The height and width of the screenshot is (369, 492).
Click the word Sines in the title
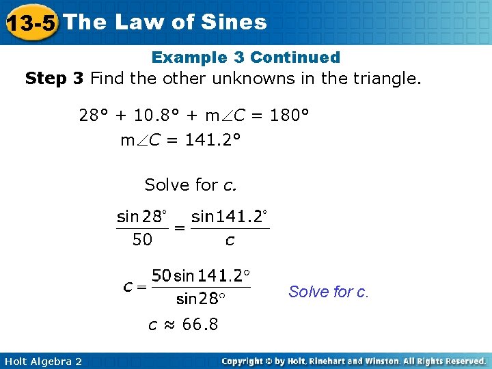[235, 23]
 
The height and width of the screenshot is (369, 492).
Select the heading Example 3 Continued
[245, 57]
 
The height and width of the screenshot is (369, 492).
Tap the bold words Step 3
[54, 79]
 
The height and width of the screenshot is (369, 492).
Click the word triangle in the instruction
[383, 79]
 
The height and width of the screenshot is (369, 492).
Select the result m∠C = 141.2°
[180, 141]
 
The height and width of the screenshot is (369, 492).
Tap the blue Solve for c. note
[329, 292]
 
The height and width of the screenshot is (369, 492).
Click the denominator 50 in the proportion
[142, 240]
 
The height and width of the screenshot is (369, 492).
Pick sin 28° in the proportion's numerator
[141, 217]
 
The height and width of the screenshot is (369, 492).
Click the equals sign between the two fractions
[179, 228]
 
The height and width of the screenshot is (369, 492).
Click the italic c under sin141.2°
[230, 241]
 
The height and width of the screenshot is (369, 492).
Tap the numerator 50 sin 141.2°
[201, 276]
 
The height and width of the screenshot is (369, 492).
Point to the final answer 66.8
[200, 325]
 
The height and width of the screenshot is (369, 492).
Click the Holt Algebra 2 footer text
[43, 361]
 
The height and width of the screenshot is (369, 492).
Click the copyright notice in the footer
[353, 361]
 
